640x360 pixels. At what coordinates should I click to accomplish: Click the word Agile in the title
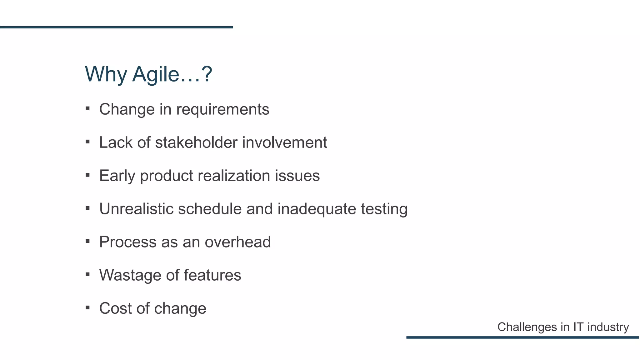pyautogui.click(x=155, y=75)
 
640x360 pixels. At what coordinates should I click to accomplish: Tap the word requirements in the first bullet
pyautogui.click(x=222, y=109)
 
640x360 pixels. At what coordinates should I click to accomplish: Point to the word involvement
pyautogui.click(x=284, y=142)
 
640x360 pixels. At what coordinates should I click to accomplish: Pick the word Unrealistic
pyautogui.click(x=136, y=209)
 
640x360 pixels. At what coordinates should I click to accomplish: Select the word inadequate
pyautogui.click(x=317, y=209)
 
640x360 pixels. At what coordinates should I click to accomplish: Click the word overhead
pyautogui.click(x=237, y=242)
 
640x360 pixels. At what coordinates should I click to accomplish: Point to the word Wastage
pyautogui.click(x=130, y=275)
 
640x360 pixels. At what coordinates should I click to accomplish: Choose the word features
pyautogui.click(x=212, y=275)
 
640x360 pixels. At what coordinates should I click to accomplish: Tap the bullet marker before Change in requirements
pyautogui.click(x=87, y=109)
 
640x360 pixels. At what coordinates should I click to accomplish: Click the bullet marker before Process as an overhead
pyautogui.click(x=87, y=241)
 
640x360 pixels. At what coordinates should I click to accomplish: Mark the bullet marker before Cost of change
pyautogui.click(x=87, y=308)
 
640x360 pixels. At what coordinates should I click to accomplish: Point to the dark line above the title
pyautogui.click(x=116, y=27)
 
